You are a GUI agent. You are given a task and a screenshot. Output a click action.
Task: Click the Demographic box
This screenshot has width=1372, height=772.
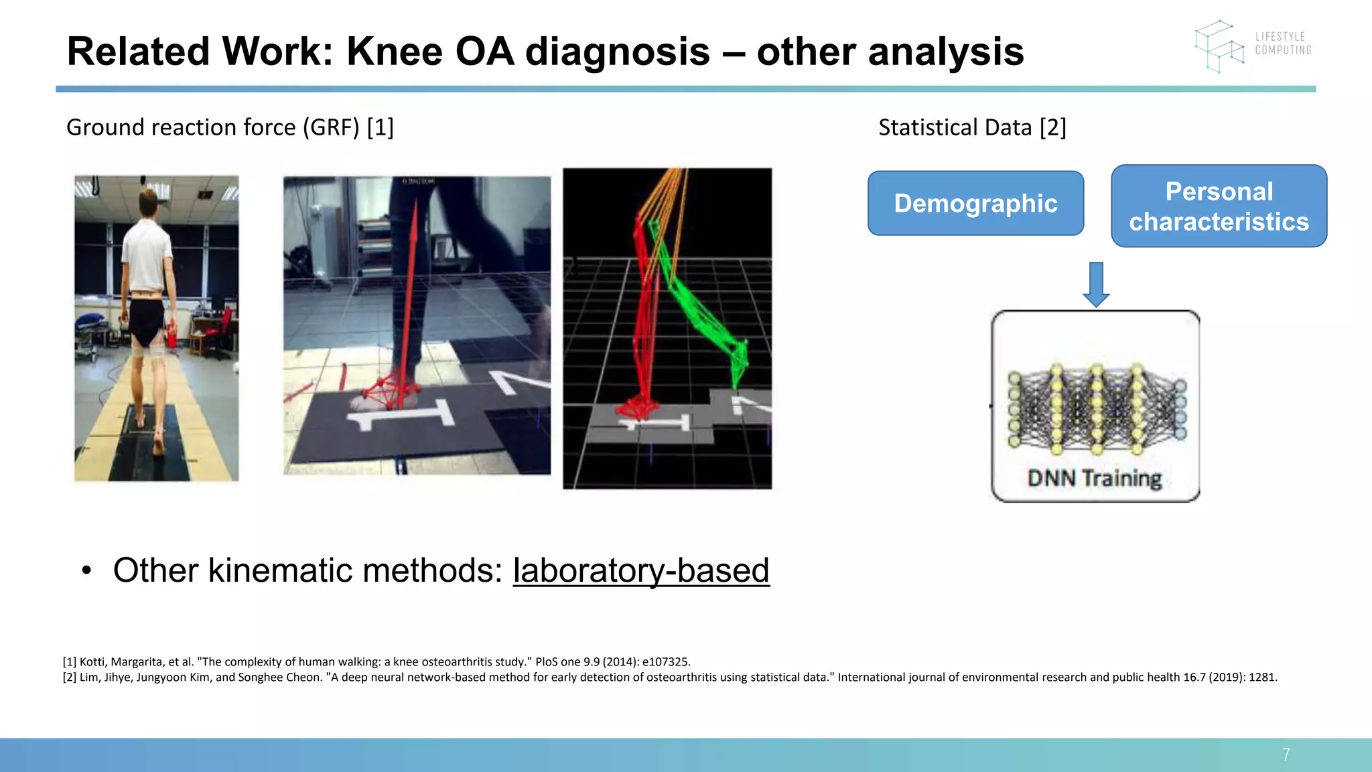(975, 203)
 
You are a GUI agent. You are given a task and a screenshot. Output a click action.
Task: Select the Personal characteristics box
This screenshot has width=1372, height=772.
(1219, 206)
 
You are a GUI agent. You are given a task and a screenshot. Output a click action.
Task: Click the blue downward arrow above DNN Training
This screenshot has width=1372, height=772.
(1096, 284)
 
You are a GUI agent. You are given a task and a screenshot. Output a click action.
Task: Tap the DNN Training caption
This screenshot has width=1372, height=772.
(1095, 478)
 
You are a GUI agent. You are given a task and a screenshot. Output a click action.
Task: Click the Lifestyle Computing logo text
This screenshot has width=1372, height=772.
(1282, 44)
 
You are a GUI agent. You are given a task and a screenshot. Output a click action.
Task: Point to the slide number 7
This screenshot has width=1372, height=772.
(1286, 755)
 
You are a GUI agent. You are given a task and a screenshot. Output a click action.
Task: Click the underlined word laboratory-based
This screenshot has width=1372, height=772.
(641, 570)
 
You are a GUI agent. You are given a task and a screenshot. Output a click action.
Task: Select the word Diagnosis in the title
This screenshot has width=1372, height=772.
(617, 52)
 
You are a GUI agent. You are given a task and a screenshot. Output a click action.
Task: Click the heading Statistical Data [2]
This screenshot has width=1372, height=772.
(971, 127)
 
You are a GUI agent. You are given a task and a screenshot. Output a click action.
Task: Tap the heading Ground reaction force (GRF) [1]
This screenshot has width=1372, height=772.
(230, 127)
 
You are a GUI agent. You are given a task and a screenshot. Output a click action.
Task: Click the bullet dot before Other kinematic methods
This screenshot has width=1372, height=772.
(86, 571)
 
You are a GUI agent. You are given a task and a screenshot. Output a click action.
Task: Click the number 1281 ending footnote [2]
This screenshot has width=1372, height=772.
(1262, 677)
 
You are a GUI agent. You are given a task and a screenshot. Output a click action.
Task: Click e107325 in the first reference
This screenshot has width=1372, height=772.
(666, 661)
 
